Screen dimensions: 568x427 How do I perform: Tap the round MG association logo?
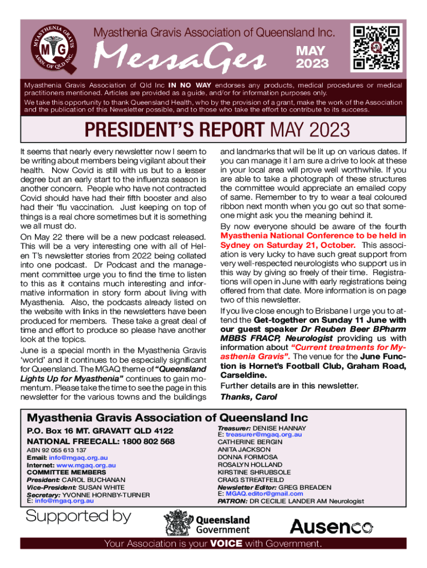[x=50, y=50]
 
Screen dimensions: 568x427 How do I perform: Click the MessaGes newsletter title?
[x=181, y=58]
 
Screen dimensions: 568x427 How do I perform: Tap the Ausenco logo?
[x=331, y=526]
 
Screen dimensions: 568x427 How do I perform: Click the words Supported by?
[x=79, y=516]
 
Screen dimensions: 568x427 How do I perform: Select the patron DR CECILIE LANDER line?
[x=291, y=501]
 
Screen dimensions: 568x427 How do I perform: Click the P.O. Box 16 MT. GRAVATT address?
[x=100, y=431]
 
